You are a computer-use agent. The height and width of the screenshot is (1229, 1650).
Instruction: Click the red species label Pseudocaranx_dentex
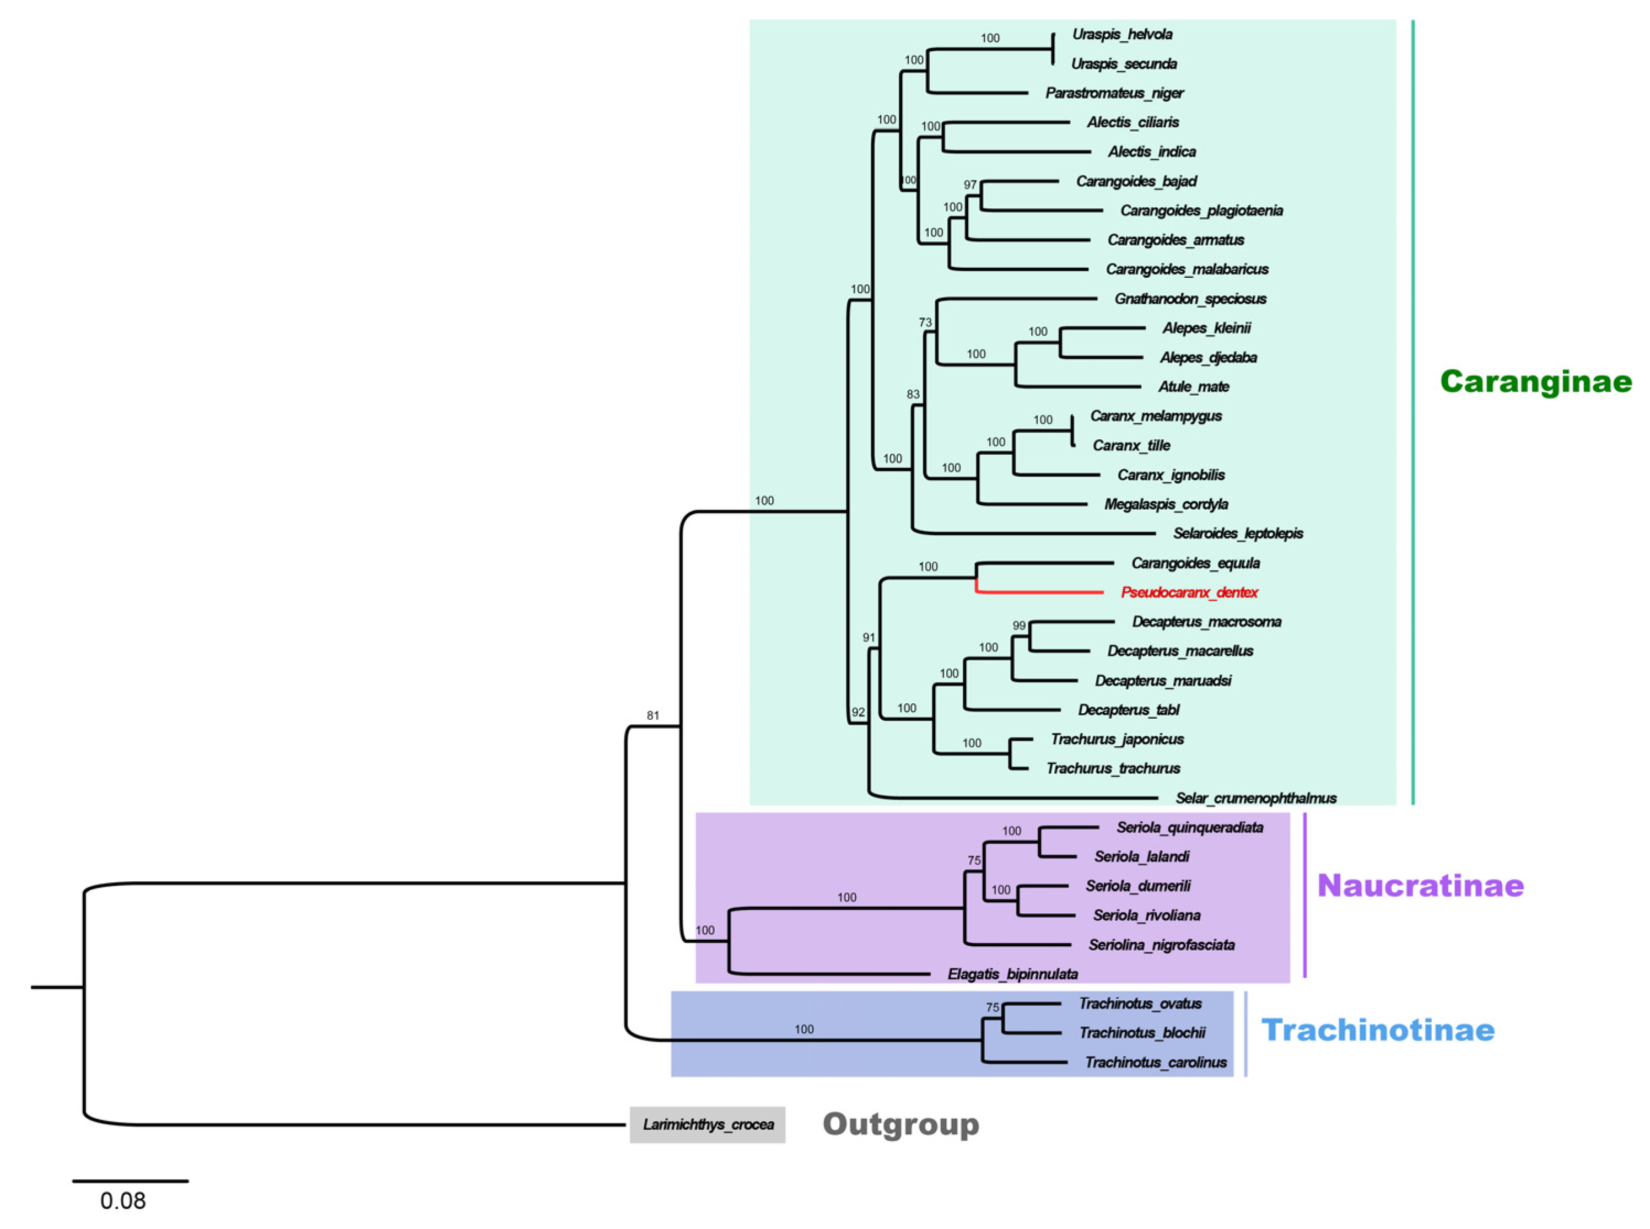[1188, 593]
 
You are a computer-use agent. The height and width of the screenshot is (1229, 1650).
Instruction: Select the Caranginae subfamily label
[1535, 381]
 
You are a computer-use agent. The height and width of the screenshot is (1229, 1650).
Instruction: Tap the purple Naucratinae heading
[1420, 885]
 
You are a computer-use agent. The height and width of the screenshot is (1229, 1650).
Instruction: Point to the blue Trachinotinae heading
[1377, 1031]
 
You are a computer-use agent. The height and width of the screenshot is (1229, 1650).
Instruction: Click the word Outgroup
[900, 1124]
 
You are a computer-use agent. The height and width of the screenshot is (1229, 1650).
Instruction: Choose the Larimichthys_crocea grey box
[708, 1125]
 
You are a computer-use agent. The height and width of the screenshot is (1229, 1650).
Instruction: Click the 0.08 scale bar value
[123, 1201]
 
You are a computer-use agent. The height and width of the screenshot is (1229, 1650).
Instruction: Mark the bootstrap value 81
[653, 716]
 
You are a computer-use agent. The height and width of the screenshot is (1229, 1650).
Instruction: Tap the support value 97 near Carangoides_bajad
[970, 185]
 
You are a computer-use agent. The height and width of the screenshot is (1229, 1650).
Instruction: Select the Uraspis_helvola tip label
[1122, 34]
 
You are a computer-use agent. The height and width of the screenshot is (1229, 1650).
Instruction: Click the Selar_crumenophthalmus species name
[1256, 798]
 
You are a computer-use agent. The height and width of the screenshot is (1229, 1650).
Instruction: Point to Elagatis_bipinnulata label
[1012, 974]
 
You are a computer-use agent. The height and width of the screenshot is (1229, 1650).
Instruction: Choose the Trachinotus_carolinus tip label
[1155, 1063]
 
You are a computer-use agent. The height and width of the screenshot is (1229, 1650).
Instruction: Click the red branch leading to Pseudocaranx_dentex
[1042, 593]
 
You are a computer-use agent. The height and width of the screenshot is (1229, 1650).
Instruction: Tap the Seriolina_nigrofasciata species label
[1161, 945]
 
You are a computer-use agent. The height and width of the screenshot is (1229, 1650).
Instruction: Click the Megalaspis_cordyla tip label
[1166, 504]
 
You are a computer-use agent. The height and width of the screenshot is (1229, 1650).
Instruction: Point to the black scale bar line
[130, 1181]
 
